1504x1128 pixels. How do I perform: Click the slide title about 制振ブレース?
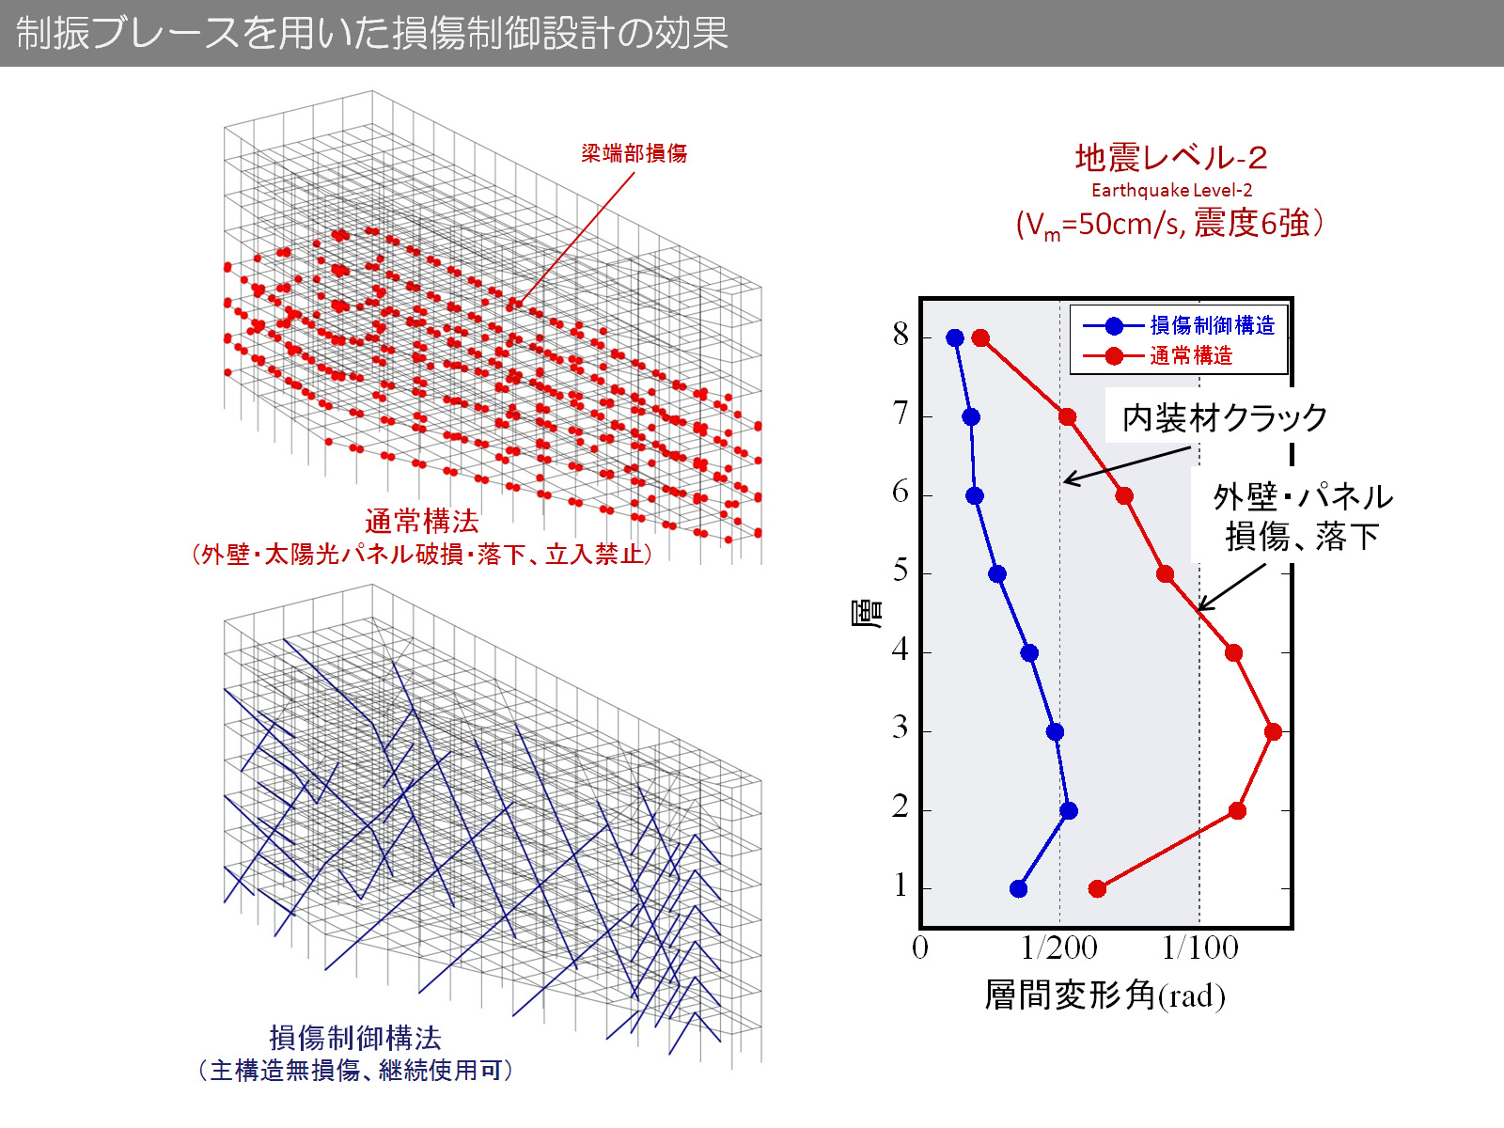[x=372, y=33]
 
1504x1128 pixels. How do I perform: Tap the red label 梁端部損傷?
[x=634, y=153]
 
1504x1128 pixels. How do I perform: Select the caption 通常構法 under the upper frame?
[x=422, y=521]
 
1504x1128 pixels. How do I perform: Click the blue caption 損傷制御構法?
[x=355, y=1038]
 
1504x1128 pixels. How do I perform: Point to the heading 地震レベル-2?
[x=1171, y=157]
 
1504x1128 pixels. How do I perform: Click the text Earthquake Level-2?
[x=1171, y=190]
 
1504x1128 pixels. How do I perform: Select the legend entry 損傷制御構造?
[x=1212, y=325]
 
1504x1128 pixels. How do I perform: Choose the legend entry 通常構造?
[x=1190, y=355]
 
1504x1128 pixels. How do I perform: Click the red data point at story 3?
[x=1273, y=731]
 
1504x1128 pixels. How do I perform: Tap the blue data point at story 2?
[x=1068, y=810]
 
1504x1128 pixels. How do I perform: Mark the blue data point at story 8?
[x=955, y=337]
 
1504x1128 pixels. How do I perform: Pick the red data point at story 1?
[x=1097, y=888]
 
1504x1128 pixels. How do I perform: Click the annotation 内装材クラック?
[x=1225, y=417]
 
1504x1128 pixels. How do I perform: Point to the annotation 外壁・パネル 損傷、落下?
[x=1302, y=516]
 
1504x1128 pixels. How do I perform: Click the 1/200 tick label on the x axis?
[x=1059, y=948]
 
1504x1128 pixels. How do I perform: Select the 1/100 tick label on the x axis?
[x=1199, y=948]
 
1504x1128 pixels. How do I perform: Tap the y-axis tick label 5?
[x=901, y=572]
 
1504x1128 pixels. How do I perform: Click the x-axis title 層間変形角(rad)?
[x=1104, y=995]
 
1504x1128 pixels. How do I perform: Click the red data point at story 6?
[x=1124, y=495]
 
